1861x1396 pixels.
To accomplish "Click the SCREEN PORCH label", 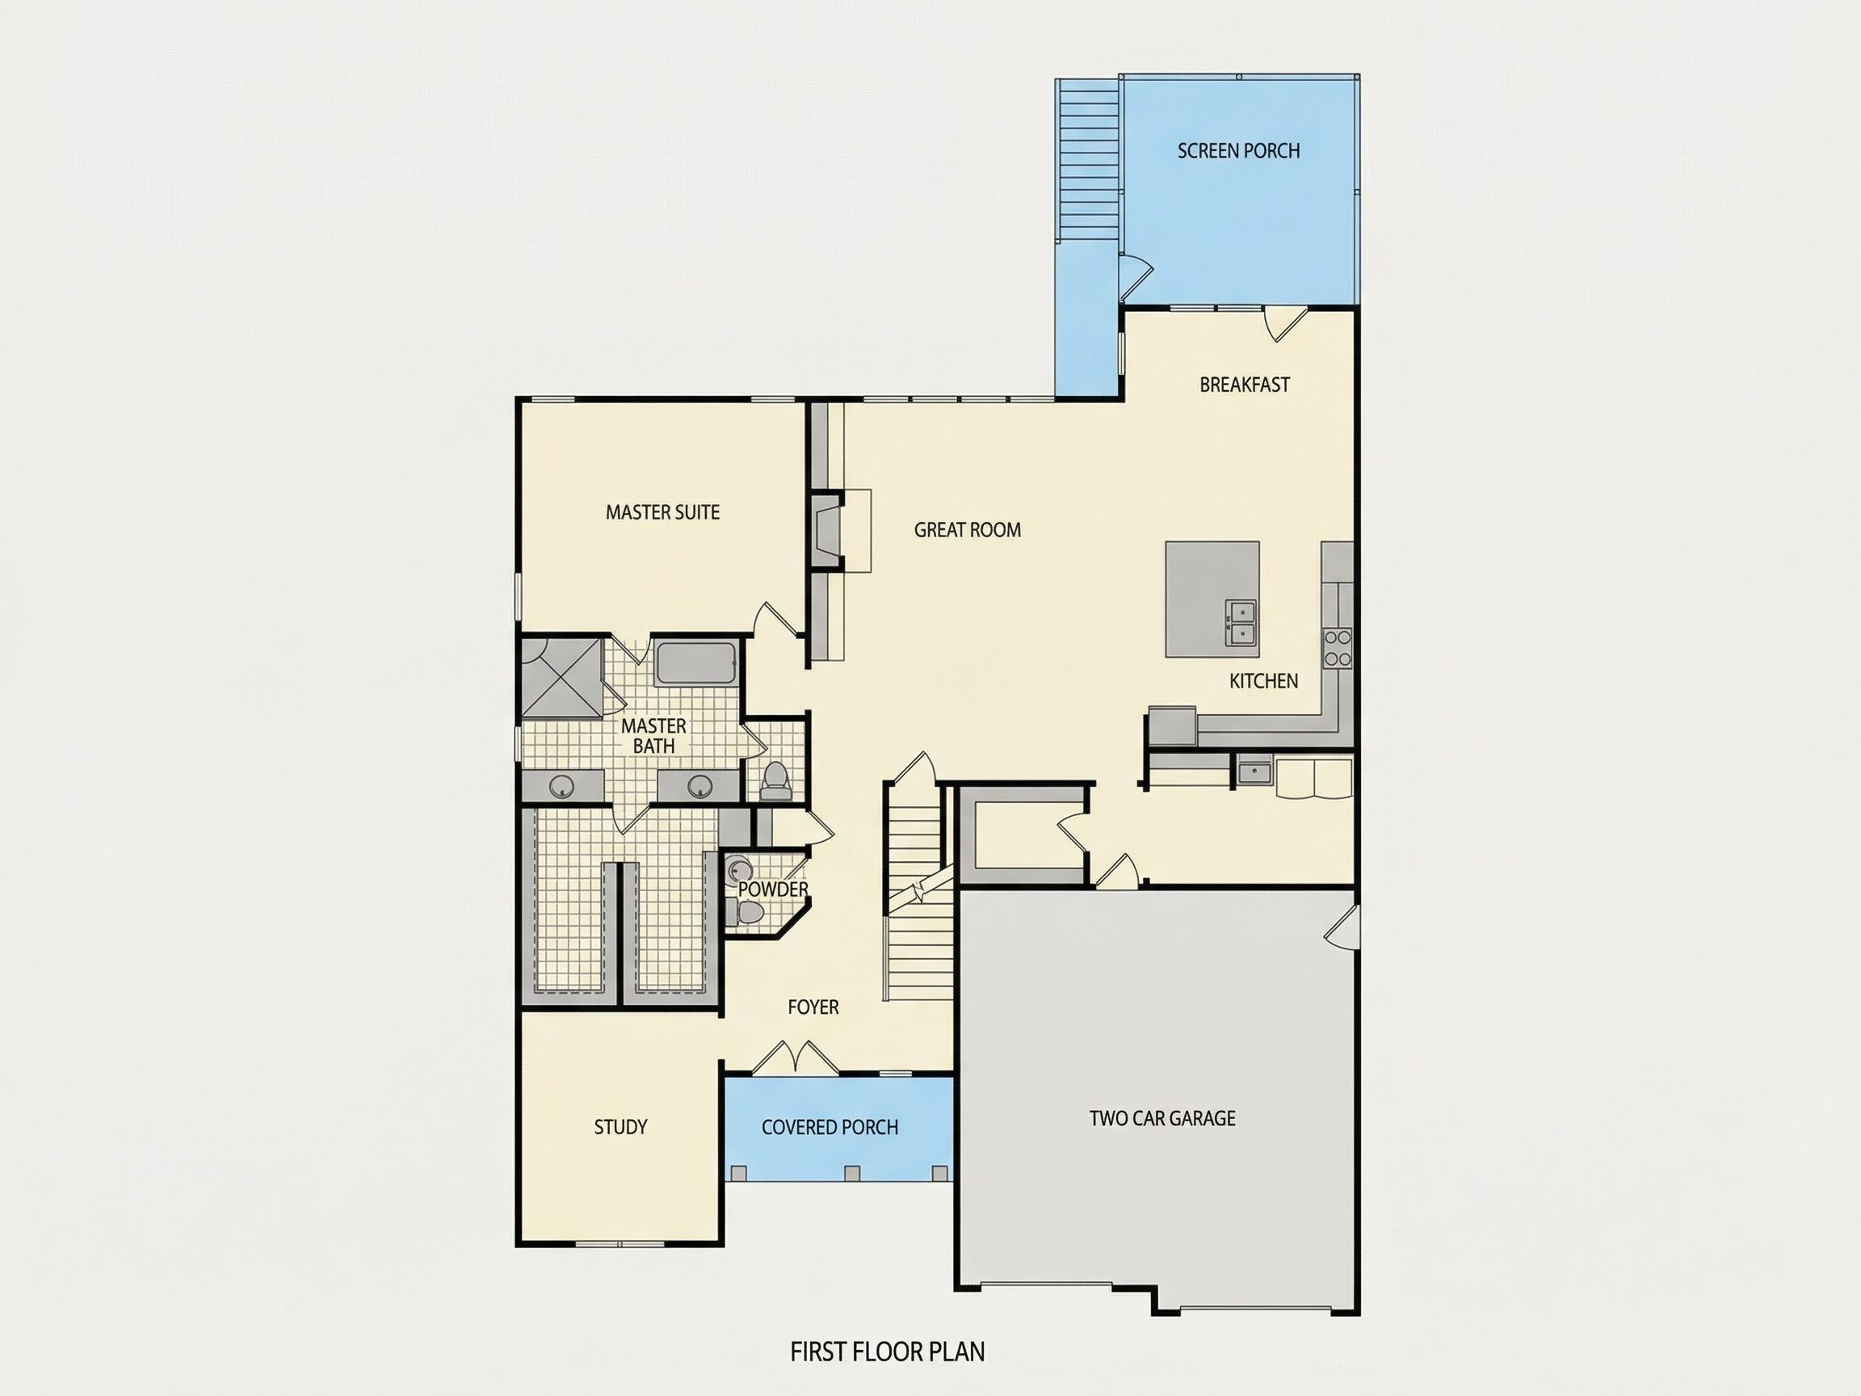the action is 1238,150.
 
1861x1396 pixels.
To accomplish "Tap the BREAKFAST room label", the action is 1245,385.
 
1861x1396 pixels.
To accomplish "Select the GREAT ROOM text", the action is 968,529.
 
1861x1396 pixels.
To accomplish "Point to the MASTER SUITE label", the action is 663,511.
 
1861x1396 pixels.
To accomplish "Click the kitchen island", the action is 1212,599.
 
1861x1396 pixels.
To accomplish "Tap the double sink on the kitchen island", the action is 1240,623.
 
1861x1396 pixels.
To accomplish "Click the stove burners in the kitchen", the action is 1338,648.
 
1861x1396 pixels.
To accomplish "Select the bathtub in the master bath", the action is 696,663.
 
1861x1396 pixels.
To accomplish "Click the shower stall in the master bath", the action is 561,679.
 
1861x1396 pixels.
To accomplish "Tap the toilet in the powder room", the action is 745,912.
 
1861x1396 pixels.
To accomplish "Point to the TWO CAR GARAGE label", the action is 1162,1118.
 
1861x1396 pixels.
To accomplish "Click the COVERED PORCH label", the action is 830,1127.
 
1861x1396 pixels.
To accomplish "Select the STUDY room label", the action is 620,1127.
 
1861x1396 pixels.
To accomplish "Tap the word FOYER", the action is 813,1007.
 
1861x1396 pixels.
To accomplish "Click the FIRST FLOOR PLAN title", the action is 887,1352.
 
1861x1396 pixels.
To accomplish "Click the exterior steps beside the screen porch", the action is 1088,159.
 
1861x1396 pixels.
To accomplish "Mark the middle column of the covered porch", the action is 851,1173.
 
